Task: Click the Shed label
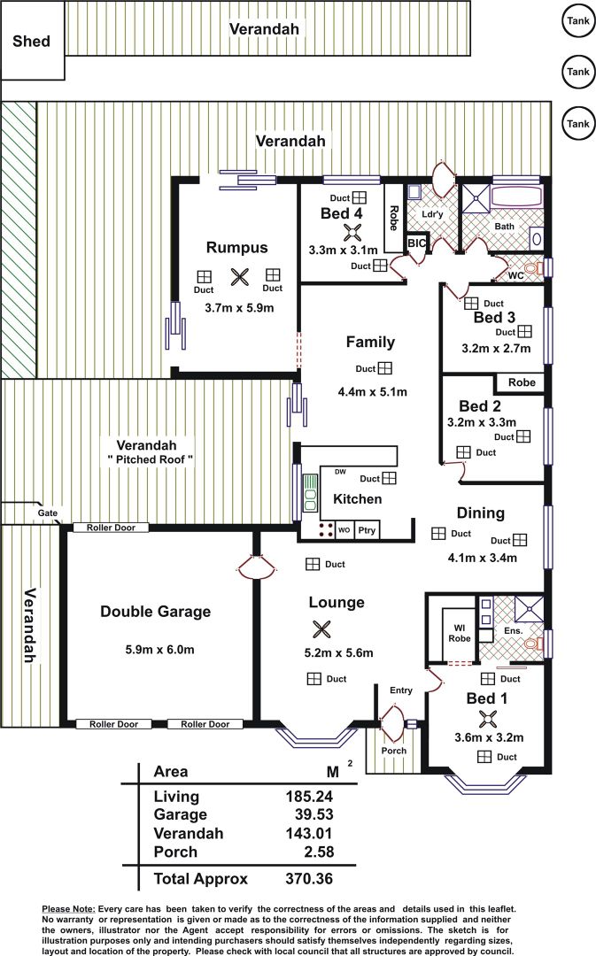31,42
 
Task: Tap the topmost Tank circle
578,21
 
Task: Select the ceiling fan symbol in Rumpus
239,277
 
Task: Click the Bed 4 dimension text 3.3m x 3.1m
344,250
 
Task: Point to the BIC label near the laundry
416,243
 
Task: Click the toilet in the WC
535,267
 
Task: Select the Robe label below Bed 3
522,382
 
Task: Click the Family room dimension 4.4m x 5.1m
372,392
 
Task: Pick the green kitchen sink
311,493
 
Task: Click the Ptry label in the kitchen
367,530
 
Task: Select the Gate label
48,513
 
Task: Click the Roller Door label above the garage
111,528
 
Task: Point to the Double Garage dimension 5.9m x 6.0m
159,650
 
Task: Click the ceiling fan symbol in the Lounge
321,629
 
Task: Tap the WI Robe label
460,633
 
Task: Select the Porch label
393,751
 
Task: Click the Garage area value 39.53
313,814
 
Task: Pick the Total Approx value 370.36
309,879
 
